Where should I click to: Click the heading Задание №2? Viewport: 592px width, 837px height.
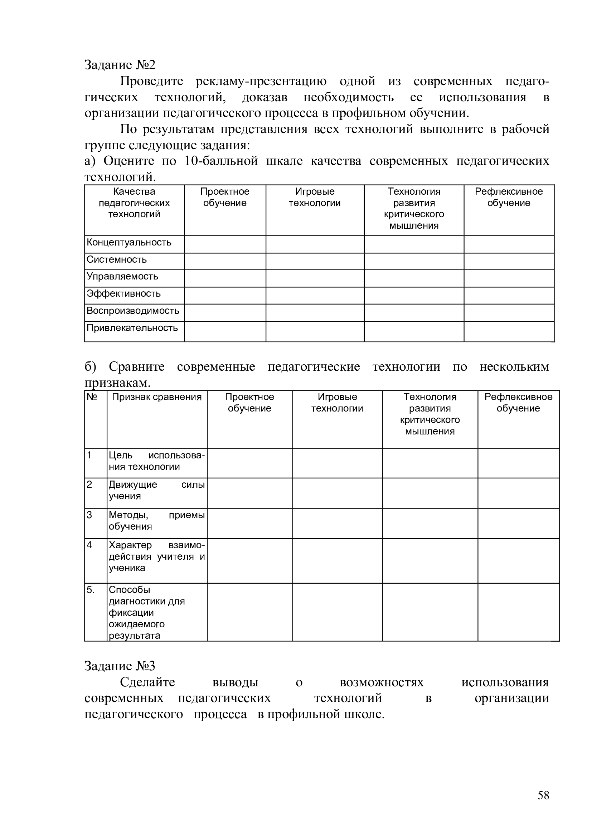120,65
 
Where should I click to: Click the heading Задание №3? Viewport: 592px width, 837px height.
120,666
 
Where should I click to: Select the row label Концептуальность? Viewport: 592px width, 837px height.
129,243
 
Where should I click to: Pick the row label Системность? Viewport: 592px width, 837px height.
117,260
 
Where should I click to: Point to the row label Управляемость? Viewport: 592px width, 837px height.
122,277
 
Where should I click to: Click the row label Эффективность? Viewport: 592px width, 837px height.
123,294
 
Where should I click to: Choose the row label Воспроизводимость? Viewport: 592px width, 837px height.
133,311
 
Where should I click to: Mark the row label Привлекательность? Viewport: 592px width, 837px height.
132,328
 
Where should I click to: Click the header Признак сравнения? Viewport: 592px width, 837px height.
157,397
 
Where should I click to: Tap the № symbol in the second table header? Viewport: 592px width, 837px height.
92,397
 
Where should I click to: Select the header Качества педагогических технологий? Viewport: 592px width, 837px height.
134,203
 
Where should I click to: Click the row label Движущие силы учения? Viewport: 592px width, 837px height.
157,490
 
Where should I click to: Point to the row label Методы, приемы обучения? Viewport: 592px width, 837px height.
157,521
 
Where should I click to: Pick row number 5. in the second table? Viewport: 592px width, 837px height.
91,590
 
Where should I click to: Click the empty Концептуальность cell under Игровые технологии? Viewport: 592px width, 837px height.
315,244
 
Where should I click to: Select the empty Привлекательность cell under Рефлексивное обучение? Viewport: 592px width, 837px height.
509,331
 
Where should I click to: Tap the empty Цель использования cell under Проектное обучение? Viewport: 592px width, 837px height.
250,463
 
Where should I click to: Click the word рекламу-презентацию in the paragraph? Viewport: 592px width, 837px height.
261,81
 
